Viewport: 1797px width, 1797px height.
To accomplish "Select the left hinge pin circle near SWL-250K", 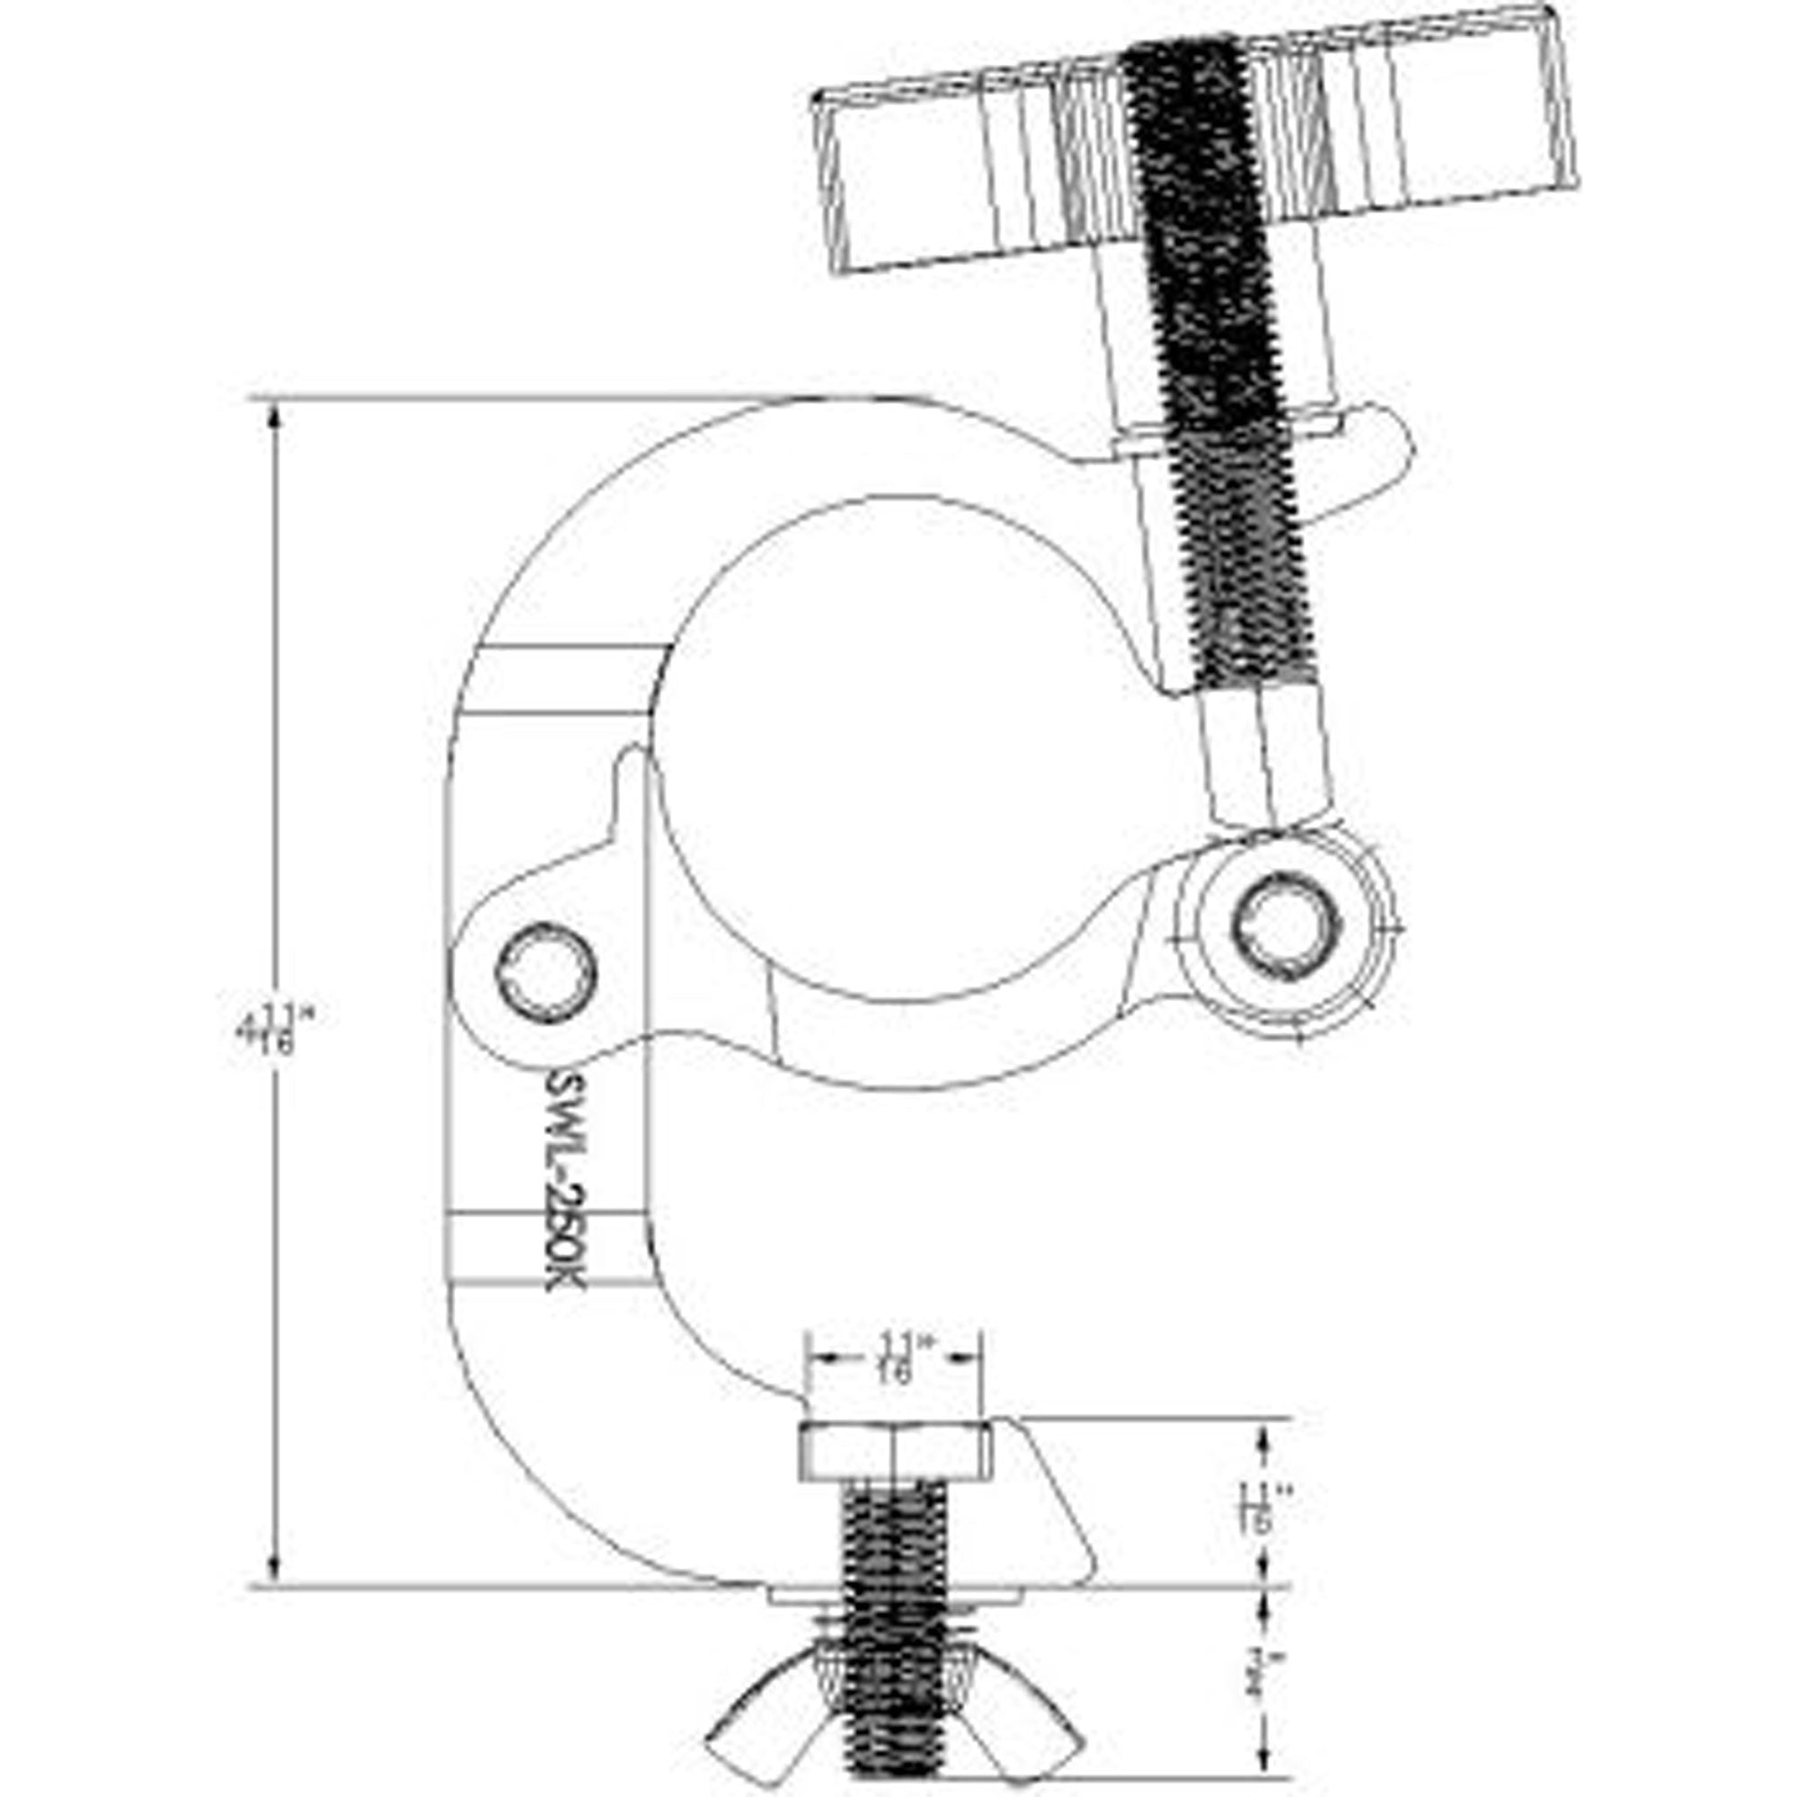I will click(x=547, y=974).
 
